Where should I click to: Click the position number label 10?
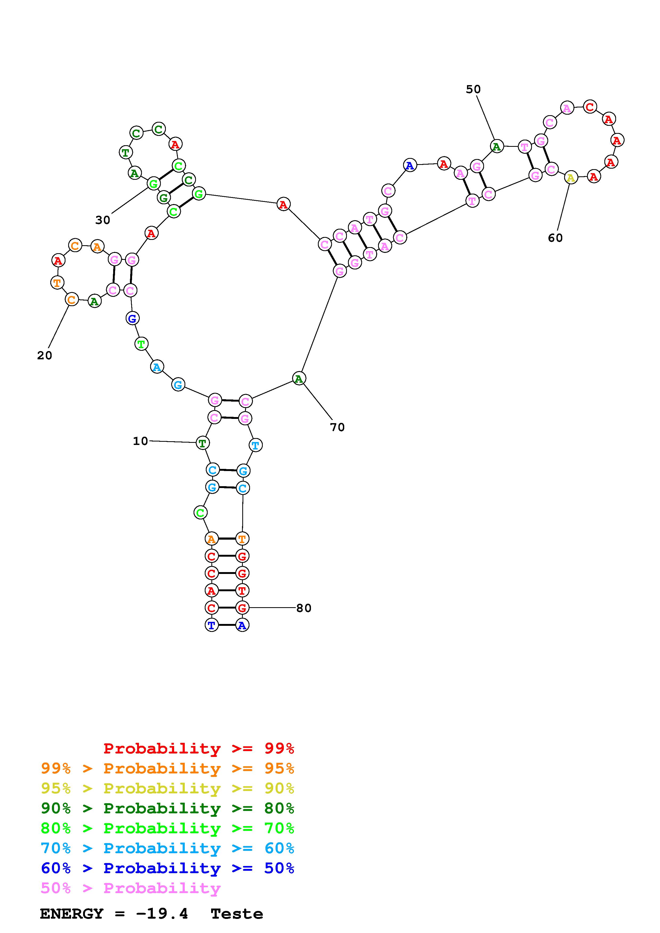pos(140,441)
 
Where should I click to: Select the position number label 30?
pos(103,220)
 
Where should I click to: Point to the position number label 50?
pos(473,89)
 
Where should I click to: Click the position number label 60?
pos(555,238)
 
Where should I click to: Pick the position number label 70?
pos(337,427)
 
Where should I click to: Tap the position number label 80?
pos(304,608)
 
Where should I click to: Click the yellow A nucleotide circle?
pos(571,178)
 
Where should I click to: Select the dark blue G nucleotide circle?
pos(132,319)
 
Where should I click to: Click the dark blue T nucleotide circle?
pos(211,625)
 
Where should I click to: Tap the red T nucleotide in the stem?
pos(242,590)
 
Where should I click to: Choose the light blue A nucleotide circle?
pos(157,367)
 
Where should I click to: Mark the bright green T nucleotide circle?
pos(141,344)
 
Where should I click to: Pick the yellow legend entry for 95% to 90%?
pos(167,788)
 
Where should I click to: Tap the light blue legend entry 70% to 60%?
pos(167,848)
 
